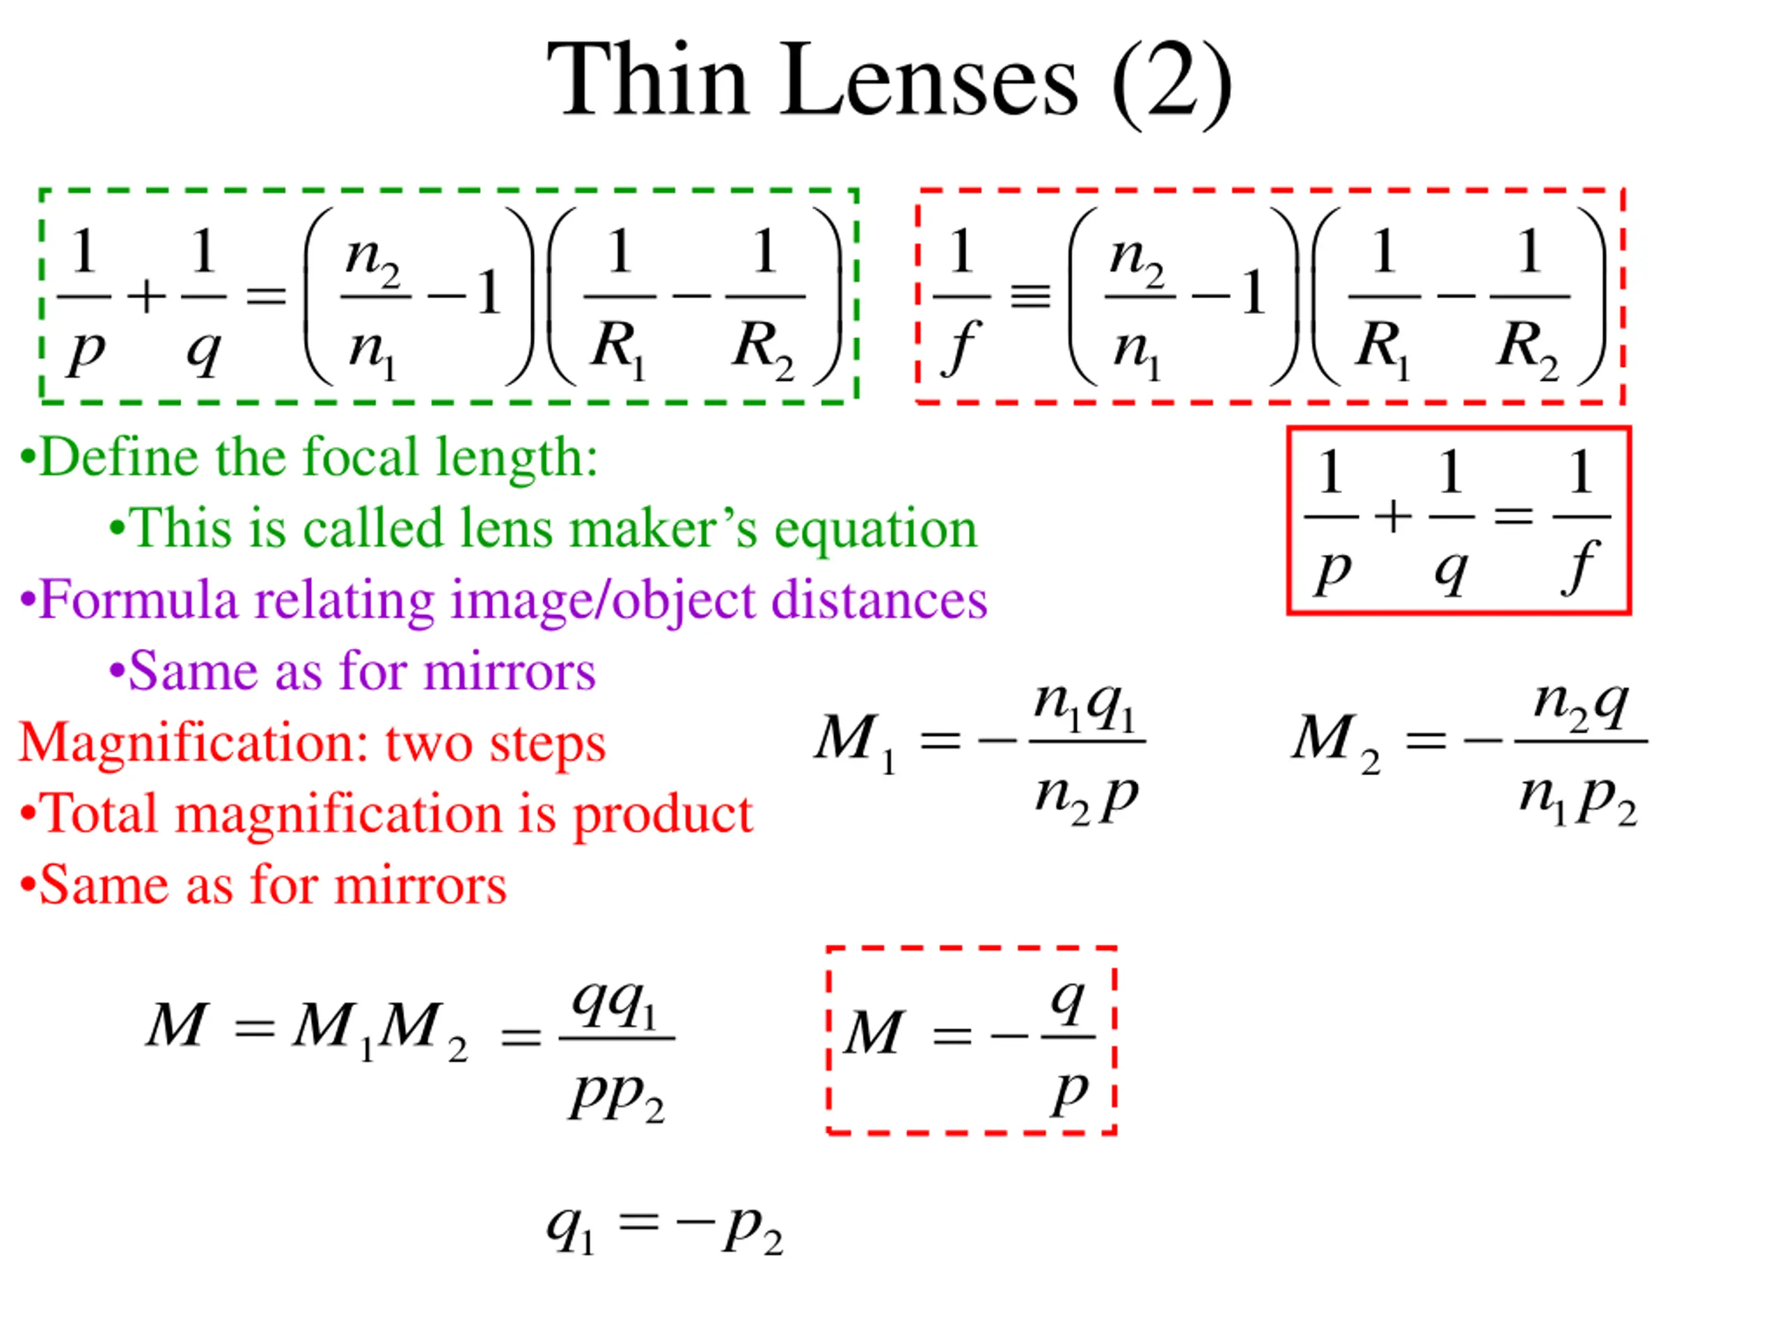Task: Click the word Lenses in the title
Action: coord(930,81)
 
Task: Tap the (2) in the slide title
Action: coord(1172,85)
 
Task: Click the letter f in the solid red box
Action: coord(1582,568)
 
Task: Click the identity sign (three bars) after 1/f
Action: coord(1031,297)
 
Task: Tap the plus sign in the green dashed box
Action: coord(147,297)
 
